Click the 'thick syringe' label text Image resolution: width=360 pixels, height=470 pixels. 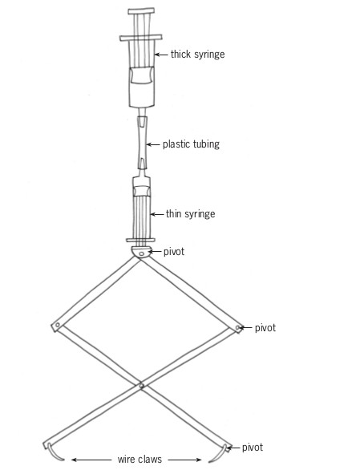[197, 55]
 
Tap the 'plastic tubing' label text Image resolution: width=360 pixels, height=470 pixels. [191, 144]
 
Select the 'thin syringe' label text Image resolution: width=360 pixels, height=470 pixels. [190, 214]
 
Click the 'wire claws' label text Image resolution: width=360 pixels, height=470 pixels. [140, 460]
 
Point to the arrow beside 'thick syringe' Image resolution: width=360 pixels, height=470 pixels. [161, 55]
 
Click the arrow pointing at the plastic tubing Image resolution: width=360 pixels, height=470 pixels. [153, 144]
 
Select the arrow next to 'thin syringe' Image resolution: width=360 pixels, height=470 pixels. [157, 214]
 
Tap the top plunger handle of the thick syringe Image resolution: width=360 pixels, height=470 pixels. [141, 11]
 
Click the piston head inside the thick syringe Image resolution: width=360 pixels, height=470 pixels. [141, 75]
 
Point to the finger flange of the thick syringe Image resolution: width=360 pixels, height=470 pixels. [141, 38]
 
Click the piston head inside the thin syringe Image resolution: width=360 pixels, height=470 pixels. [141, 191]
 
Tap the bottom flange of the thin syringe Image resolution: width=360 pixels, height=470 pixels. [140, 240]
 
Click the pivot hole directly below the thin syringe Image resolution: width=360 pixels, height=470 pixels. [142, 254]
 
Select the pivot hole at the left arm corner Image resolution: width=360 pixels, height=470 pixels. [57, 325]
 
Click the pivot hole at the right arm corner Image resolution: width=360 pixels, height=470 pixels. [237, 327]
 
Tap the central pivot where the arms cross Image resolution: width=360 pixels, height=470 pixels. [141, 386]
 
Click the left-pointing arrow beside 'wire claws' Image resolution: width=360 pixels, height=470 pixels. [91, 460]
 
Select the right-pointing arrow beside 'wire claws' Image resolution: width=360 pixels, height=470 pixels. [184, 460]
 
